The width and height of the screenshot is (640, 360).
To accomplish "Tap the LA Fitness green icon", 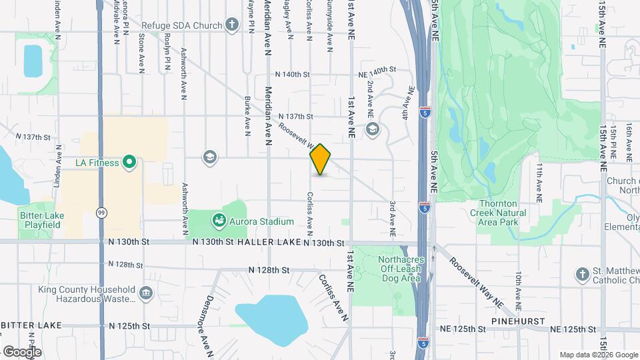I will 130,162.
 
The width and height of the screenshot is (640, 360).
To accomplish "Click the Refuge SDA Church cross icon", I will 231,25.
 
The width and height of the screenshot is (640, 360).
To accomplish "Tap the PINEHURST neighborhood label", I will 519,321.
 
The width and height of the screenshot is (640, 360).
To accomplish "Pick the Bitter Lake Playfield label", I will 39,220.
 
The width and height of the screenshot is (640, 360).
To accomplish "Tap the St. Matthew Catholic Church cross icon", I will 582,274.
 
